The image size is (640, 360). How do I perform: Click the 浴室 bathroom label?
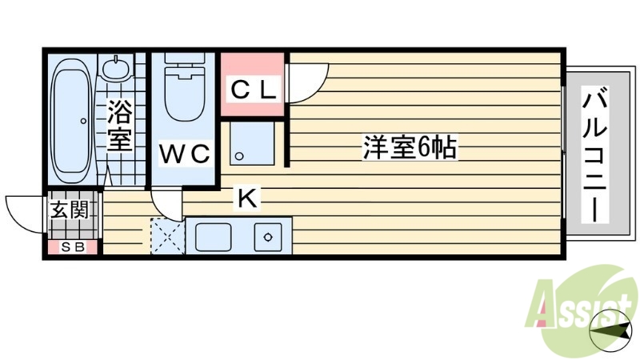click(119, 125)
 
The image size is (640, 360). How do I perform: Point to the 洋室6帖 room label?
click(410, 147)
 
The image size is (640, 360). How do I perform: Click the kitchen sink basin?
click(213, 237)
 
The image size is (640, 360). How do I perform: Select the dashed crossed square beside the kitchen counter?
click(167, 237)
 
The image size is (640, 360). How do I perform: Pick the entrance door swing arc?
click(24, 213)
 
